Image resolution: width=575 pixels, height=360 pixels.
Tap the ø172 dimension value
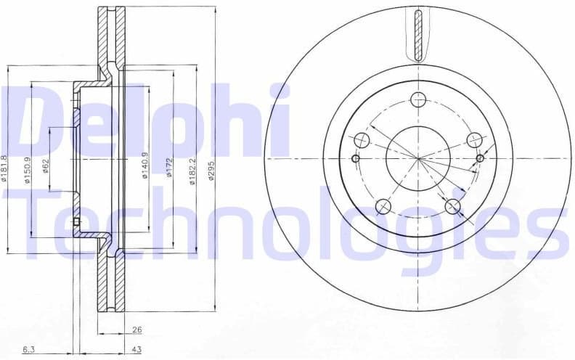168,168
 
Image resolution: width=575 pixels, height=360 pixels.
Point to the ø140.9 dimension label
144,165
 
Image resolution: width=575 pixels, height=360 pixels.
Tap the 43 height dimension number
136,349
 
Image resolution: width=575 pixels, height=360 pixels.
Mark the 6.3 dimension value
28,349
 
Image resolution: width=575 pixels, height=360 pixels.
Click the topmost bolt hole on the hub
417,99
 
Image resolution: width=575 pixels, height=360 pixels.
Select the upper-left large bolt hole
362,139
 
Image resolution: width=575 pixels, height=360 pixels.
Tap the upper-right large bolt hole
474,139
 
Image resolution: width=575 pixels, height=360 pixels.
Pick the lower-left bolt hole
383,207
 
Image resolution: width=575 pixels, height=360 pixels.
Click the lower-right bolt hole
453,206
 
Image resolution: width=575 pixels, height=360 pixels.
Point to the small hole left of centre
355,159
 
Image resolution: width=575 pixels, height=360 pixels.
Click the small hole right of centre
480,158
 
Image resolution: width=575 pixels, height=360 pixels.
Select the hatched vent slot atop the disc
417,34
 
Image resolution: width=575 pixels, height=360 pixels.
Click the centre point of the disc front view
417,158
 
